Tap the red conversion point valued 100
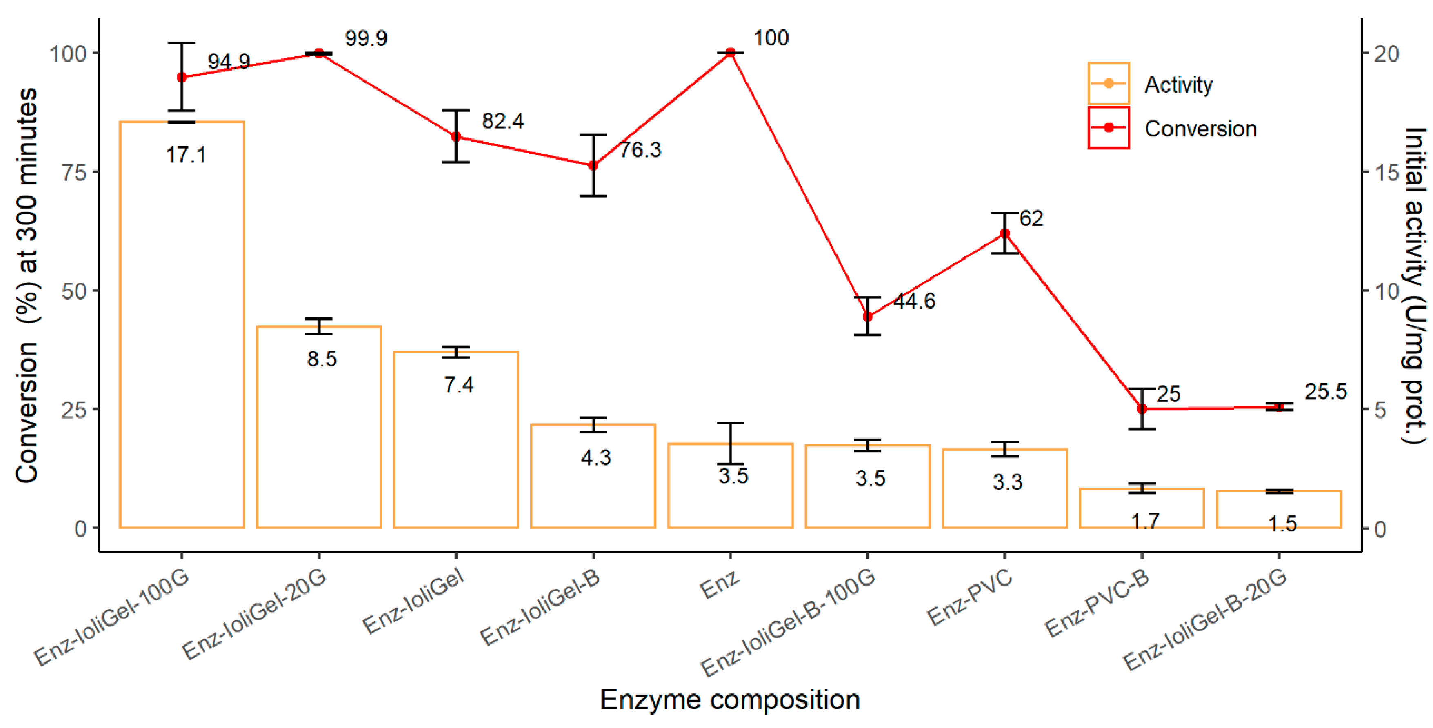click(731, 53)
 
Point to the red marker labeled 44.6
click(868, 316)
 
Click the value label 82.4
click(502, 121)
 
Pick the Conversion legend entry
click(1200, 129)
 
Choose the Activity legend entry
click(1178, 84)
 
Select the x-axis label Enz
click(719, 584)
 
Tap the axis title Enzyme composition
click(730, 699)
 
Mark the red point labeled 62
click(1005, 233)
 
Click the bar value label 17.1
click(186, 155)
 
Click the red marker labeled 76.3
click(593, 165)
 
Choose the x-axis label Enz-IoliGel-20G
click(254, 615)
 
